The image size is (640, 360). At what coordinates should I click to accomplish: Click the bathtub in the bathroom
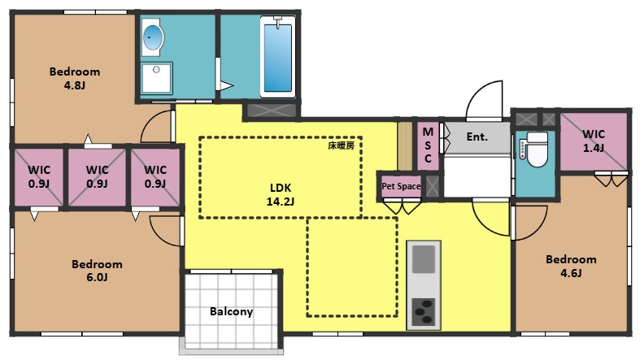point(278,59)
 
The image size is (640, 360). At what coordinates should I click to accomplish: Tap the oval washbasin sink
point(153,37)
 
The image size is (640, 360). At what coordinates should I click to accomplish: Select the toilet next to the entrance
point(535,150)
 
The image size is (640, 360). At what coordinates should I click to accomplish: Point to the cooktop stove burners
point(424,310)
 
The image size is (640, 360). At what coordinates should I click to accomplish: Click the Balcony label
point(231,311)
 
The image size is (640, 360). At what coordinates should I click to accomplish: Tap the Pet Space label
point(401,187)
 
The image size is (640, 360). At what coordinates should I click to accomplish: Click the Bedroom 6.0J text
point(97,271)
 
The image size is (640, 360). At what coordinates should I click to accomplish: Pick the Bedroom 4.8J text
point(74,78)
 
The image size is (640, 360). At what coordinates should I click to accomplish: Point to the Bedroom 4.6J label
point(570,266)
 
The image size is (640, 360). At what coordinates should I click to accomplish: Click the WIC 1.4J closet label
point(594,141)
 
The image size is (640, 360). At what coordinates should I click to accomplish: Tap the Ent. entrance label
point(477,137)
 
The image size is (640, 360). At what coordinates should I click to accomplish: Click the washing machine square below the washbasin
point(155,79)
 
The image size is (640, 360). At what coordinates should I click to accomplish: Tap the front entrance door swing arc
point(485,99)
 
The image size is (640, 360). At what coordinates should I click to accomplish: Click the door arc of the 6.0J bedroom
point(165,231)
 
